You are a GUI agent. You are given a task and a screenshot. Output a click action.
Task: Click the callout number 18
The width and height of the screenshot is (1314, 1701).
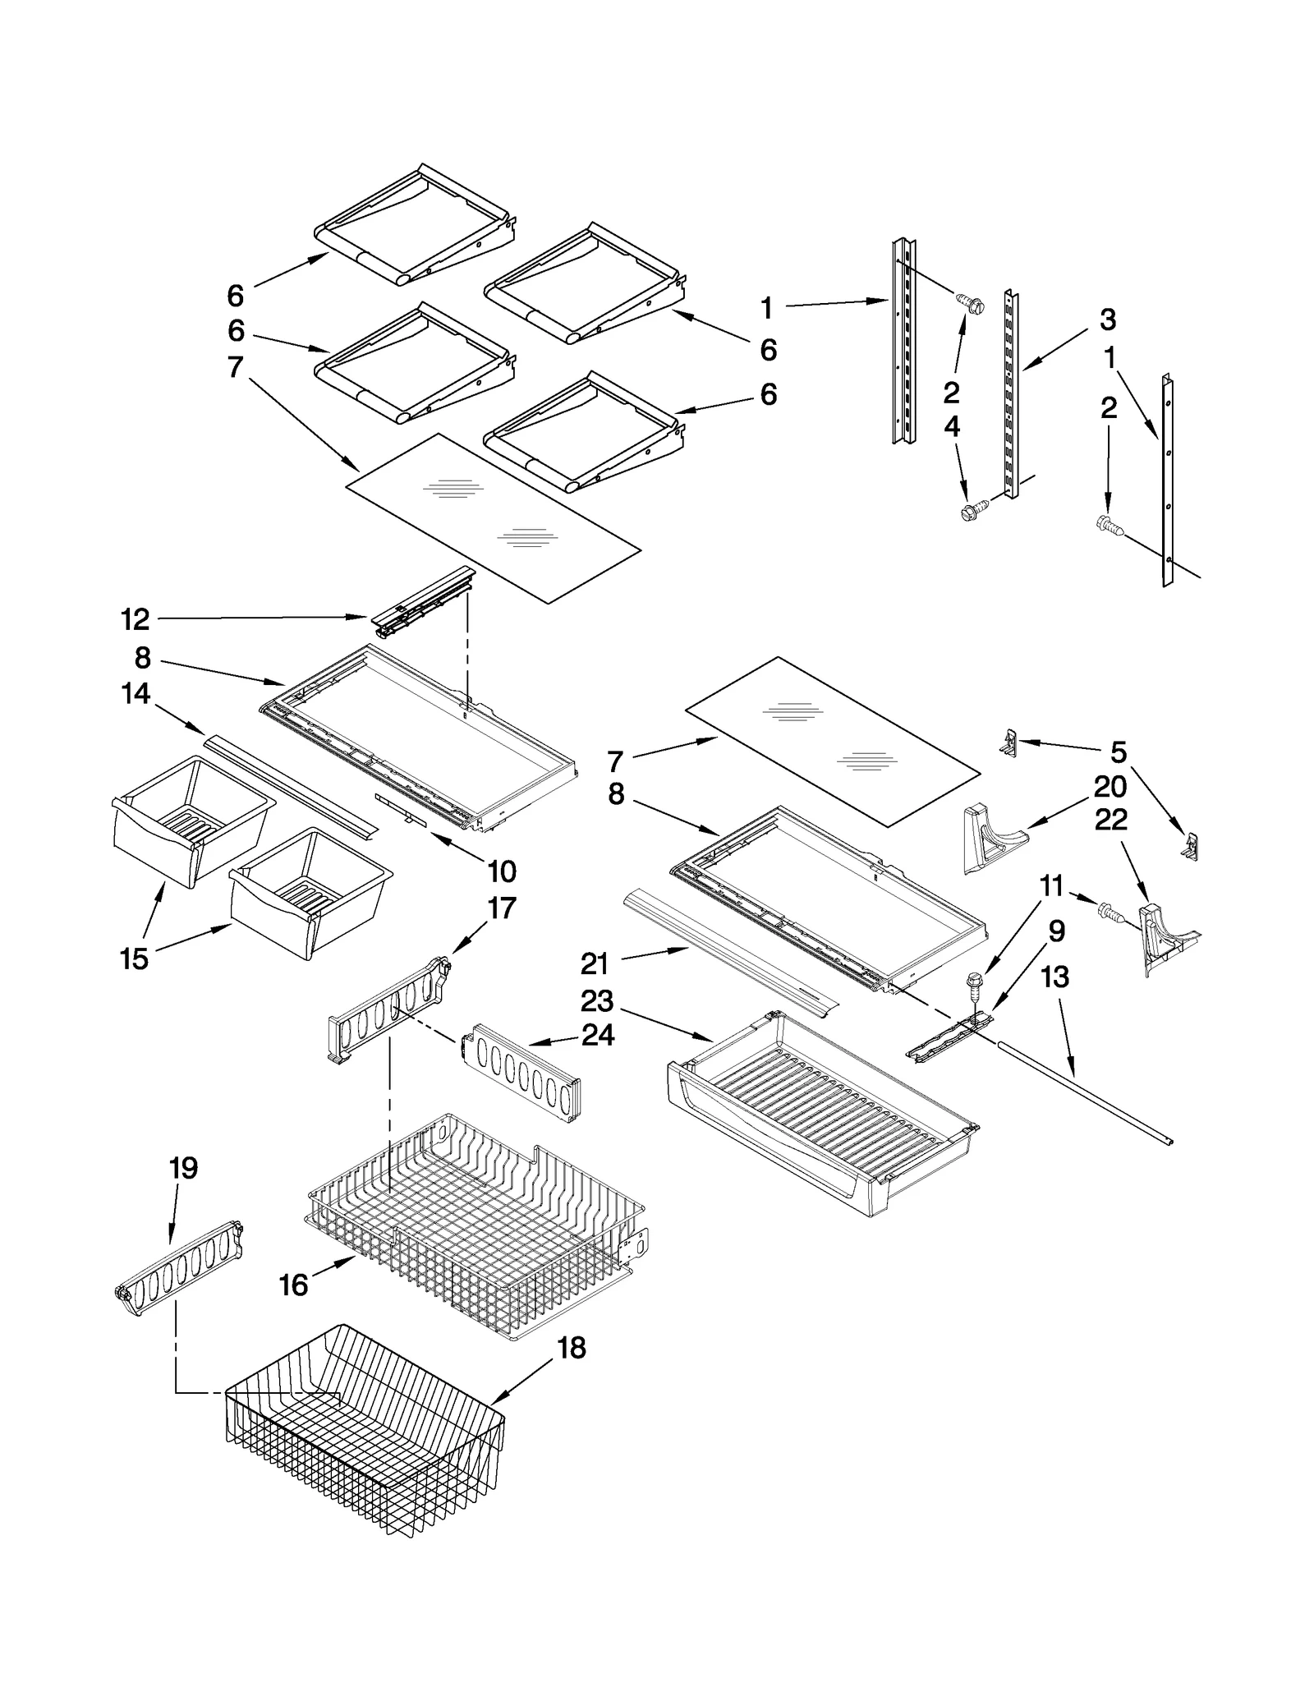point(572,1348)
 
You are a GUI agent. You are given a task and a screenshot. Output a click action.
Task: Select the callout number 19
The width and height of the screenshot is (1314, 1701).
point(183,1168)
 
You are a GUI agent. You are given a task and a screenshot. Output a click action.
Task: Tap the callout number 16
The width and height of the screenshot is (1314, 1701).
point(293,1285)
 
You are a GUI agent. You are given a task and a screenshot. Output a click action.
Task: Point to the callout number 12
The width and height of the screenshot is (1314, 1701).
point(136,619)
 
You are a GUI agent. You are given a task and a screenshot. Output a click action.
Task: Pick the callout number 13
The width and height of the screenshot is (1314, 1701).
point(1055,977)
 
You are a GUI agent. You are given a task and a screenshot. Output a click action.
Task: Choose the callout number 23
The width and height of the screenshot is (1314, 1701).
point(597,1000)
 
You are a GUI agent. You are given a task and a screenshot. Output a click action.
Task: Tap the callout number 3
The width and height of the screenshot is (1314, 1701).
point(1107,319)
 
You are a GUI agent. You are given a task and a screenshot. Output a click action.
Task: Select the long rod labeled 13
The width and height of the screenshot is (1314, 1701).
point(1084,1093)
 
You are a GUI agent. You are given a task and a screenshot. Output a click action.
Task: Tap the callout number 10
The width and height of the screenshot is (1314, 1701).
point(501,871)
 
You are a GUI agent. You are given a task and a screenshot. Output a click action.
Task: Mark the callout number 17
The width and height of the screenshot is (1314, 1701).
point(501,908)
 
